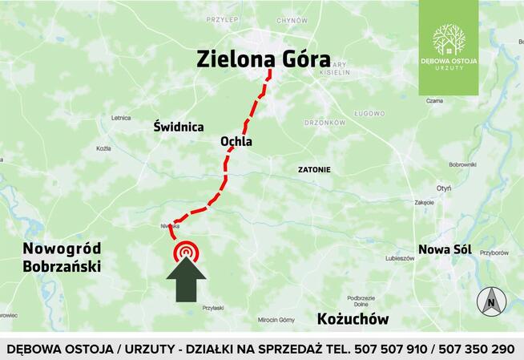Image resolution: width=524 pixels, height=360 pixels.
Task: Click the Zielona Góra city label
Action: (264, 58)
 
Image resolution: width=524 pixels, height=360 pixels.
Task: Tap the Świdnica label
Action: (178, 127)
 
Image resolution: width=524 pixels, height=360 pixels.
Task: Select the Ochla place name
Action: (236, 142)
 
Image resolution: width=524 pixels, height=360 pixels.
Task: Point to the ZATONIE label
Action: (313, 170)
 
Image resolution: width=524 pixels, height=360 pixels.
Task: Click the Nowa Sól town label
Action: (445, 249)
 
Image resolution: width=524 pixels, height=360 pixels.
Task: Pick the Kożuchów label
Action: (353, 319)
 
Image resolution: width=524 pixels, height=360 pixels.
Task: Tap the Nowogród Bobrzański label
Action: (62, 257)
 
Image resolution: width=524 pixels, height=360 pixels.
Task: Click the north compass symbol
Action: (490, 301)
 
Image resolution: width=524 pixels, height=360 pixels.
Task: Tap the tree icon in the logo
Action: (449, 38)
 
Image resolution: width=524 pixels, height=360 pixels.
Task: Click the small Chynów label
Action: (292, 21)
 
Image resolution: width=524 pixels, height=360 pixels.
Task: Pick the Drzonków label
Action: (324, 123)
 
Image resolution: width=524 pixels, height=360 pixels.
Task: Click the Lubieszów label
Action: (399, 258)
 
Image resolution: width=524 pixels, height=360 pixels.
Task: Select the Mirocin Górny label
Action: (276, 319)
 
